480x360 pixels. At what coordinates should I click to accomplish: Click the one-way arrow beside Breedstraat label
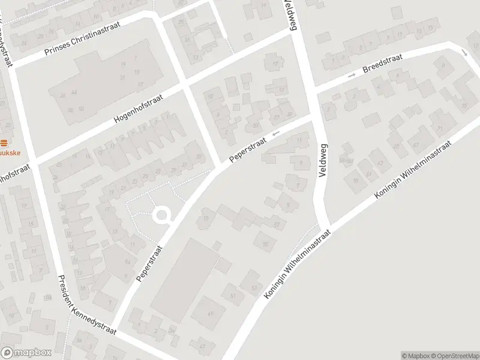tap(351, 75)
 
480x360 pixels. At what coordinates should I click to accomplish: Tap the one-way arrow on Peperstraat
tap(276, 133)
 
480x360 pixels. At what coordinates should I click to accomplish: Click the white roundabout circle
tap(161, 215)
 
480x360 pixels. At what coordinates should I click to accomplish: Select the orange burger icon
tap(5, 143)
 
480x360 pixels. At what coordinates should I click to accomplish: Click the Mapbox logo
tap(26, 353)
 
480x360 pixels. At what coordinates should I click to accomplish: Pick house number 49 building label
tap(210, 313)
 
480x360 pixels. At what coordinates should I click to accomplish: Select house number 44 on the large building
tap(73, 93)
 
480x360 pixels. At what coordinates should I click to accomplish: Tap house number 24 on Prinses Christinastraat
tap(23, 43)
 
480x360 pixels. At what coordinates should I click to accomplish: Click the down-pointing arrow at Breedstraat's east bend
tap(466, 53)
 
